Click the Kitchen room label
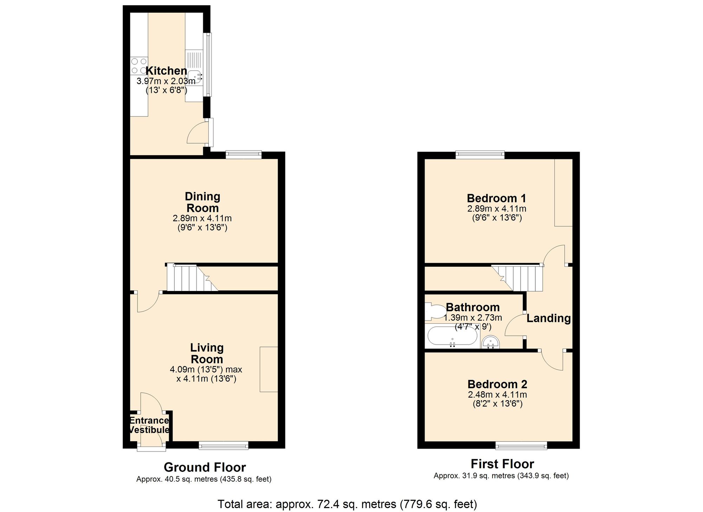166,70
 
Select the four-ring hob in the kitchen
138,66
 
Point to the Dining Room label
202,202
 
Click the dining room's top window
244,154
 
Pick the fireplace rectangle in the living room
269,369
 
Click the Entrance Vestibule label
149,425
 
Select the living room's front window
224,446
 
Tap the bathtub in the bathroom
452,336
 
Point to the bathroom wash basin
490,342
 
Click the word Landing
548,318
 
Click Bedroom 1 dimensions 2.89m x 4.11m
497,209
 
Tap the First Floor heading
502,464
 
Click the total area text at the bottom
347,504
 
